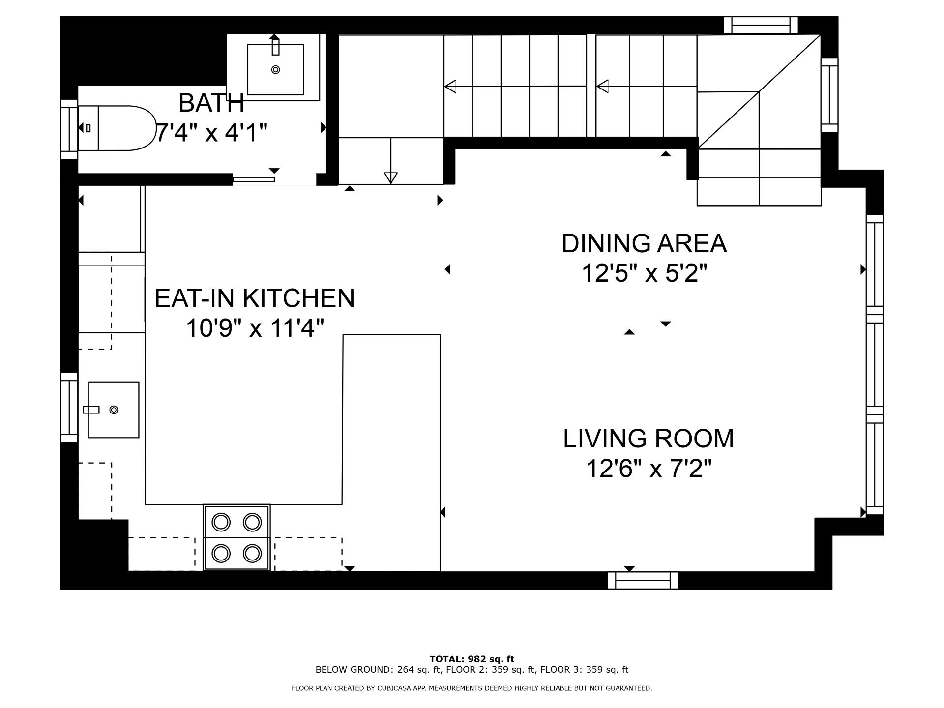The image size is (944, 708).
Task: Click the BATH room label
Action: click(x=211, y=103)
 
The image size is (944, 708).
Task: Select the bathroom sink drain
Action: click(x=275, y=70)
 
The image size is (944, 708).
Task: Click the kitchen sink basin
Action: click(x=114, y=410)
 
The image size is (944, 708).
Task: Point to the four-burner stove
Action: click(x=236, y=537)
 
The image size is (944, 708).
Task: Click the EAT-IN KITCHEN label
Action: click(x=254, y=298)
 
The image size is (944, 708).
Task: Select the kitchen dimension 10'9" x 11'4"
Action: click(x=255, y=328)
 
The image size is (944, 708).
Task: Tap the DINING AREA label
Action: click(x=644, y=243)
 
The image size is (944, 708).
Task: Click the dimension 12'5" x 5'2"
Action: click(x=644, y=273)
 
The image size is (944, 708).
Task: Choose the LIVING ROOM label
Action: click(x=649, y=439)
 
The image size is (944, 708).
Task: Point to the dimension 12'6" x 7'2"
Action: click(x=649, y=468)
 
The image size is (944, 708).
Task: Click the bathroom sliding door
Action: click(x=254, y=179)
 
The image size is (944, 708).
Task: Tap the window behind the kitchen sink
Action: click(x=69, y=408)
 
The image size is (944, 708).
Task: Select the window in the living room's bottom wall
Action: click(x=643, y=581)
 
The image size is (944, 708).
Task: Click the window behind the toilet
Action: click(x=69, y=129)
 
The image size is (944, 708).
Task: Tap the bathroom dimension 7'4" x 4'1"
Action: click(x=211, y=133)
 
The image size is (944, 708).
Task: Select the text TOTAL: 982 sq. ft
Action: click(x=472, y=659)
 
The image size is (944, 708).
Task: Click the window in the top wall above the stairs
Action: click(x=761, y=25)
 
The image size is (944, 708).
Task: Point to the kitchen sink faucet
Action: click(x=91, y=410)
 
